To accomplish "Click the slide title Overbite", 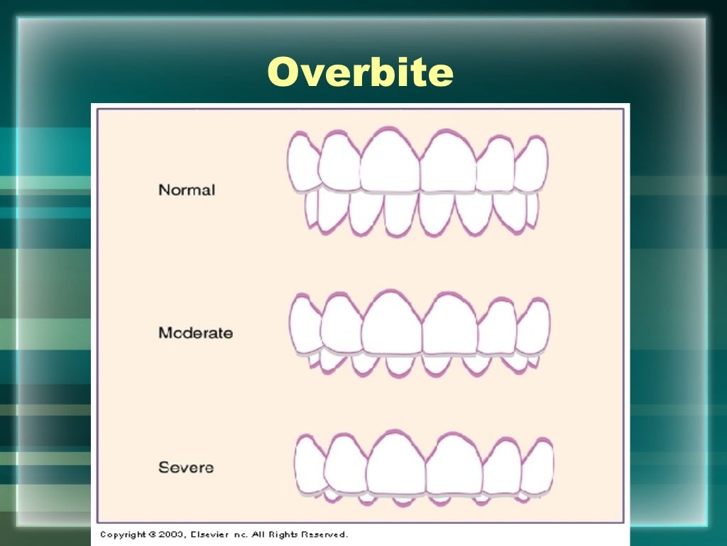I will coord(360,73).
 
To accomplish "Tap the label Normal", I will coord(186,190).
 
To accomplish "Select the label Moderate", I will coord(195,333).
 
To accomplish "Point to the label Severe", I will coord(185,468).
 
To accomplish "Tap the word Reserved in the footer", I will coord(324,535).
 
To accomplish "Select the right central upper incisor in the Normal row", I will coord(447,164).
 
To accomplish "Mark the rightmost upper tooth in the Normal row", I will coord(531,165).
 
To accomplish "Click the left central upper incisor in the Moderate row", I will coord(391,324).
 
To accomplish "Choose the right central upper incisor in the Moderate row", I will coord(449,326).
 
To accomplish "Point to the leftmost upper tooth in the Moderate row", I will coord(305,326).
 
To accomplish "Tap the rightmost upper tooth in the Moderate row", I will coord(533,327).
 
